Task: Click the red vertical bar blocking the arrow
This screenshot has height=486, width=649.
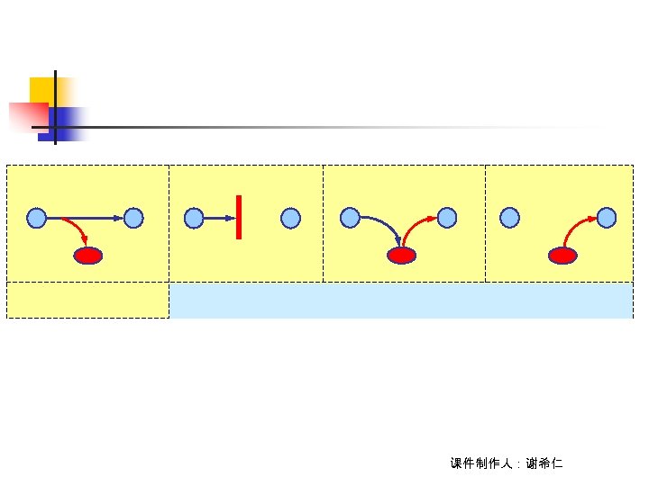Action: click(239, 217)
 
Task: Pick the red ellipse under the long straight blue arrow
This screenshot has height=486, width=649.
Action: click(88, 256)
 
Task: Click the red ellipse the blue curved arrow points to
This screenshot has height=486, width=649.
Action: click(401, 256)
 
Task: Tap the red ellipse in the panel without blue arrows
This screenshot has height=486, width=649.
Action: click(562, 256)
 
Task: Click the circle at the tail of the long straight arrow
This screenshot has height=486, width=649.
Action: click(36, 218)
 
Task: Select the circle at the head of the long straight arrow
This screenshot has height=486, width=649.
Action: click(133, 218)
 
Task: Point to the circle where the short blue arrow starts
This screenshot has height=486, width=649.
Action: click(194, 218)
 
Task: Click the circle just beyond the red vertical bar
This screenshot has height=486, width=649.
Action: click(290, 218)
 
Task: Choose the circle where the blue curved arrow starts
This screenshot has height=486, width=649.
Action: click(349, 218)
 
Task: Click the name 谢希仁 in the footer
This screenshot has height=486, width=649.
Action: click(544, 463)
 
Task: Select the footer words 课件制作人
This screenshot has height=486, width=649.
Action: click(481, 463)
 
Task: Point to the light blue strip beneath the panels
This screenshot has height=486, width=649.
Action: click(401, 301)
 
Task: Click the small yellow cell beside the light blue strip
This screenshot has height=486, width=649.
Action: click(87, 301)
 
